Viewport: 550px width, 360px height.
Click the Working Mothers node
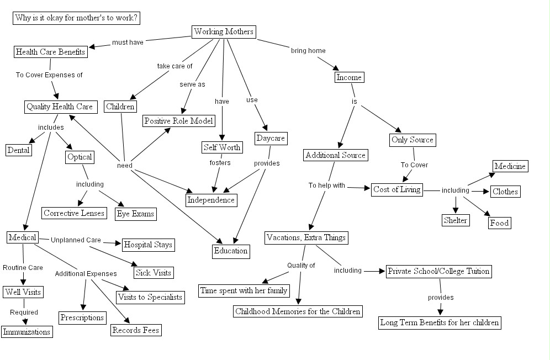[x=224, y=31]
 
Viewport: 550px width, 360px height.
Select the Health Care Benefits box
[x=50, y=52]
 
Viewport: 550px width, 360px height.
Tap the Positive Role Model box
[x=178, y=120]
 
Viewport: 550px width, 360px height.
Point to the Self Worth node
[x=221, y=147]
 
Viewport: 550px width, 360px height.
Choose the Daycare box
[x=271, y=138]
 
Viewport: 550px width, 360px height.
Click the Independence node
[x=211, y=200]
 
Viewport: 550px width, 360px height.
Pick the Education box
[x=231, y=251]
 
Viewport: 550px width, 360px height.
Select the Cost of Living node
[x=397, y=189]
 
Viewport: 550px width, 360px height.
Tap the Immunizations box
[x=27, y=331]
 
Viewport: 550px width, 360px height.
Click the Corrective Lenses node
[x=74, y=213]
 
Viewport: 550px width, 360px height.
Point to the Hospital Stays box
[x=148, y=244]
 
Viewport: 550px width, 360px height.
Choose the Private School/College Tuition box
[x=438, y=271]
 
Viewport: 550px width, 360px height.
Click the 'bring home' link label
[x=308, y=51]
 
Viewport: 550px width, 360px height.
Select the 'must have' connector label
[x=128, y=42]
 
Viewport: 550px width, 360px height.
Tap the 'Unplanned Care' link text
[x=76, y=240]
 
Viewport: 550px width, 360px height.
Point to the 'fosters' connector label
[x=220, y=163]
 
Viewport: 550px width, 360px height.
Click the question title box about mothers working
[x=76, y=18]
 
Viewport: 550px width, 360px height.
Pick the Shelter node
[x=456, y=220]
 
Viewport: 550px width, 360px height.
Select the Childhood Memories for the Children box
[x=298, y=311]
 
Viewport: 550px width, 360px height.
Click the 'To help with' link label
[x=326, y=186]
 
